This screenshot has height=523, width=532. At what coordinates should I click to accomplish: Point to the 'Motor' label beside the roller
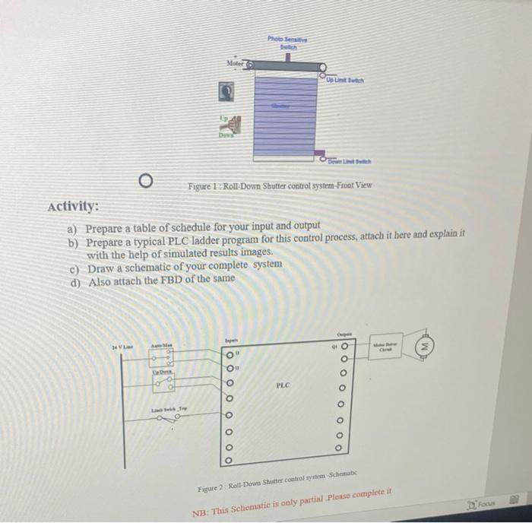coord(233,65)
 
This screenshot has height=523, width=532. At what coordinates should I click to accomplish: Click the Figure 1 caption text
coord(280,185)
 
